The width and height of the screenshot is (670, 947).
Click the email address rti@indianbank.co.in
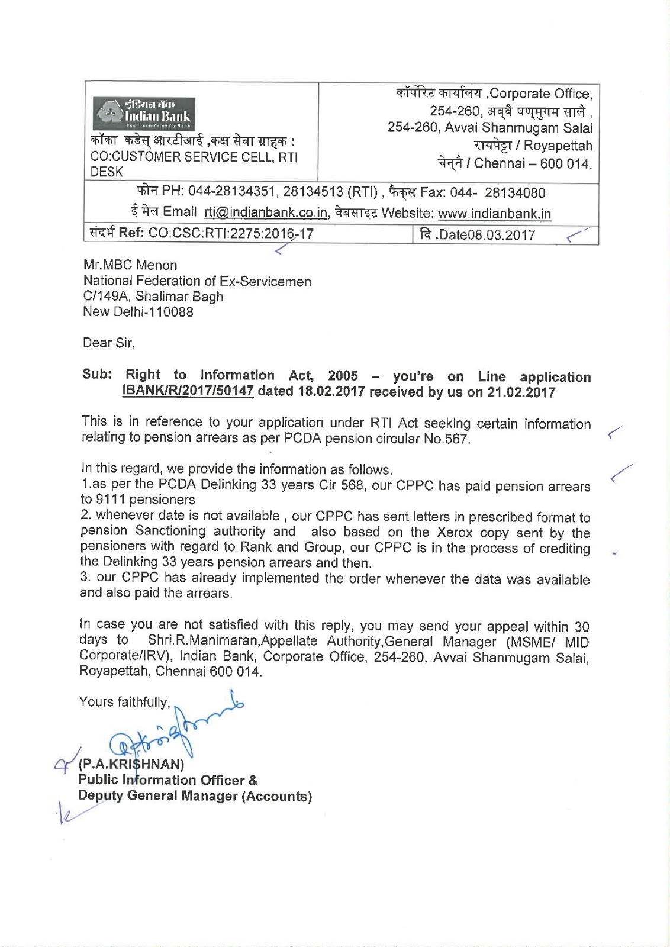point(266,212)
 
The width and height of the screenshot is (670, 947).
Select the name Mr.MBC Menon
point(130,265)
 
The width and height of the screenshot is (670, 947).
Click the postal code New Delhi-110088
point(138,312)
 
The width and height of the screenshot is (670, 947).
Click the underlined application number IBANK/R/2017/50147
point(188,392)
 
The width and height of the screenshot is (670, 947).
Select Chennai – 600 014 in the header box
point(514,164)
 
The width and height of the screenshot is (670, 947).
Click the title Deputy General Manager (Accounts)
point(195,796)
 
